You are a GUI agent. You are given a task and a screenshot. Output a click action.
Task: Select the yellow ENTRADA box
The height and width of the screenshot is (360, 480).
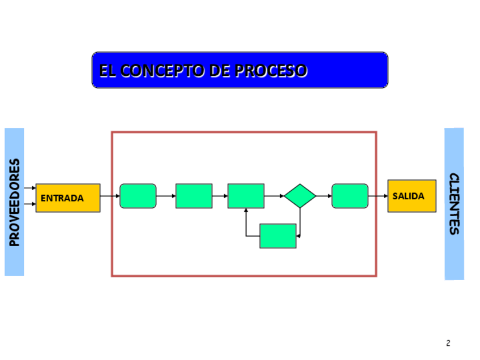(68, 198)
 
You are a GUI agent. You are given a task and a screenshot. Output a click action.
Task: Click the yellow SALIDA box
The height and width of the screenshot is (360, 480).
(412, 196)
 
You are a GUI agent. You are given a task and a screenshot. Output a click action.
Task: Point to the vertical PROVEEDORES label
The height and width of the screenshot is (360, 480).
(15, 202)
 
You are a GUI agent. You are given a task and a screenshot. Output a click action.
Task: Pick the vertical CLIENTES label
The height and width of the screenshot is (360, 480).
(454, 204)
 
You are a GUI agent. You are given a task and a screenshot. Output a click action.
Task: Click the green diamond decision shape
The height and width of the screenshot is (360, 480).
(300, 196)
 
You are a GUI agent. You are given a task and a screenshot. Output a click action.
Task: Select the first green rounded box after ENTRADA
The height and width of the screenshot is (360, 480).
(138, 196)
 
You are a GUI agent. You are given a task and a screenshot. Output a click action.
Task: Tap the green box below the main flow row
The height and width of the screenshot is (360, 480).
(278, 235)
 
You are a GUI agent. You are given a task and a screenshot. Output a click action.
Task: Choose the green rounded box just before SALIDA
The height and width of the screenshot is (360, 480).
(350, 196)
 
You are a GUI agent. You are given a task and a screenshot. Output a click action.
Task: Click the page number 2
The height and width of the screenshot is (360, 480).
(448, 343)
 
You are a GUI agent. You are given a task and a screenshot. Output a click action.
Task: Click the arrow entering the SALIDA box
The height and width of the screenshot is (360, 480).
(378, 196)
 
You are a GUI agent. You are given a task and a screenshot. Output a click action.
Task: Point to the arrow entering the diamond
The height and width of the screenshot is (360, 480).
(274, 196)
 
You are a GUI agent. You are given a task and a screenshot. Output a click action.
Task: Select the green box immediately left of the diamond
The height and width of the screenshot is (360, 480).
(246, 196)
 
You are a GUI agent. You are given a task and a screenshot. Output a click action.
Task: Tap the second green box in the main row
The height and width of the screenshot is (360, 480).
(194, 196)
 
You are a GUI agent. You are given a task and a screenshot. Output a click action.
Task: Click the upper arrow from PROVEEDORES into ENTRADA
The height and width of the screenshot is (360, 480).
(30, 188)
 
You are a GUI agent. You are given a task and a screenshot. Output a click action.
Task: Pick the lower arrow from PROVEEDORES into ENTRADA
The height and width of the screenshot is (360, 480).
(30, 204)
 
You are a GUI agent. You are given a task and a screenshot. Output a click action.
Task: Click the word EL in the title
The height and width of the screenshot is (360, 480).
(106, 71)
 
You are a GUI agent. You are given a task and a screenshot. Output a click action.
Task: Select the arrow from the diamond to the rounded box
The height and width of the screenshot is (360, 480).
(324, 196)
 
